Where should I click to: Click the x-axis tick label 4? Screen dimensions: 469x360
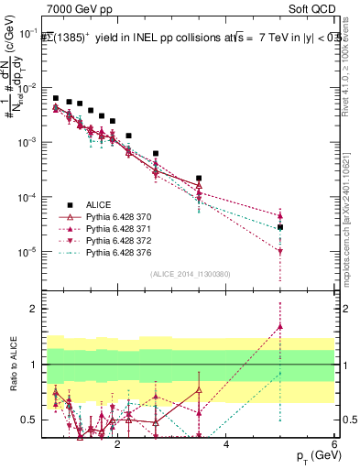226,445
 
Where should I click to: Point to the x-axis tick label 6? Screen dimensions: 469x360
334,445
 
